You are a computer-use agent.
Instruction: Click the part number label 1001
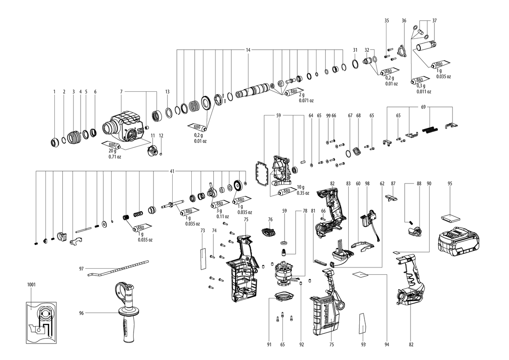(x=31, y=284)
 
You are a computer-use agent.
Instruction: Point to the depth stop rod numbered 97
(x=118, y=268)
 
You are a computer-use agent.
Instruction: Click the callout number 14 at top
(x=248, y=50)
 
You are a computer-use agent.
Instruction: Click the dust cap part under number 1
(x=55, y=143)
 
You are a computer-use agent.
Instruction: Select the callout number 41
(x=172, y=171)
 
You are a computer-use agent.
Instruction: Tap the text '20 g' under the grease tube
(x=112, y=151)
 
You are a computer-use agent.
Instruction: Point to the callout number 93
(x=364, y=345)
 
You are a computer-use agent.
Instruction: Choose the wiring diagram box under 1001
(x=41, y=323)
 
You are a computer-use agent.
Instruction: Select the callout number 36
(x=404, y=21)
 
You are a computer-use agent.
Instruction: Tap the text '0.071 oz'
(x=306, y=101)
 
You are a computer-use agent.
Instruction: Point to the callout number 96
(x=81, y=313)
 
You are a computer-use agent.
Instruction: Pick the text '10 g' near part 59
(x=300, y=187)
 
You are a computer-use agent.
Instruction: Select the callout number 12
(x=161, y=135)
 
